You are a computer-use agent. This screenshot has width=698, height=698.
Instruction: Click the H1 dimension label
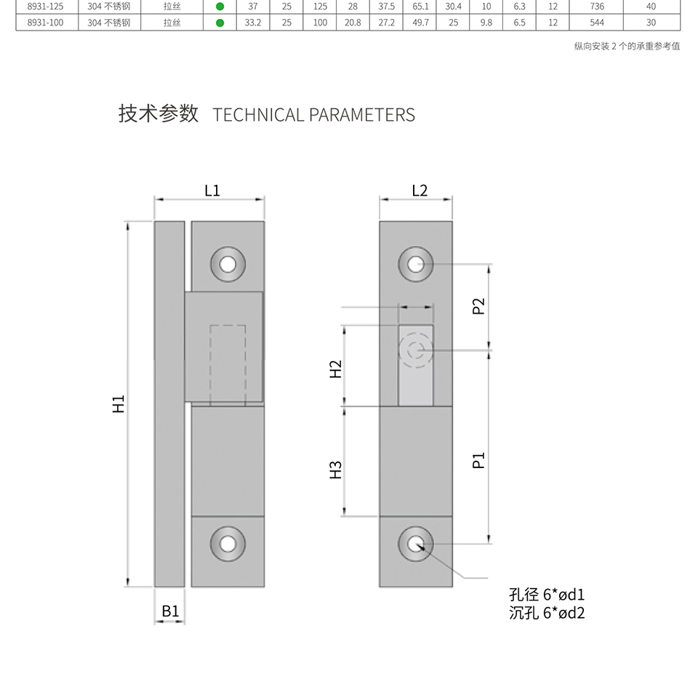coord(119,404)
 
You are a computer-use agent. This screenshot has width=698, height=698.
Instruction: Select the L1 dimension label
coord(212,191)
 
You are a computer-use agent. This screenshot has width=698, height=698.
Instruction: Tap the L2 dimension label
coord(420,191)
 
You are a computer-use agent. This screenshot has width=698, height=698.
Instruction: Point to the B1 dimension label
coord(170,611)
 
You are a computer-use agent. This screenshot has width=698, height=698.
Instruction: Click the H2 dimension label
coord(336,369)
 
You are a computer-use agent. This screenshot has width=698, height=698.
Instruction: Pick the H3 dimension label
coord(336,469)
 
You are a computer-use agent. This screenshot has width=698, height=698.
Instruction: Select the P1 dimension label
coord(478,461)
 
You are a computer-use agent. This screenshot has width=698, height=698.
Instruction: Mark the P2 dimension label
coord(478,306)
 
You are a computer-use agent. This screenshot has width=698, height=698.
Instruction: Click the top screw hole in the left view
coord(228,264)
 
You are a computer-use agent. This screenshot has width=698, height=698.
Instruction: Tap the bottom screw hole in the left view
coord(228,544)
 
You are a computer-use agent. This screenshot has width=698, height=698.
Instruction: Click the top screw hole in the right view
coord(416,264)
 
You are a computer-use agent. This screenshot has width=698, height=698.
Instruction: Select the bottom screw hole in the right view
coord(416,544)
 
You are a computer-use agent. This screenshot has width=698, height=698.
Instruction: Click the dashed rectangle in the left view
coord(210,365)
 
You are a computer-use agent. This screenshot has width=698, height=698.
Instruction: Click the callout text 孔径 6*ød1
coord(547,595)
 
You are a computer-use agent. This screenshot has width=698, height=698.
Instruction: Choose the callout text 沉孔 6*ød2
coord(547,614)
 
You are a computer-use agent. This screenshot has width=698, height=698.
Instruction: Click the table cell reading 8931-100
coord(45,23)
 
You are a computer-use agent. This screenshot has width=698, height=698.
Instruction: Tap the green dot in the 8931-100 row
coord(220,23)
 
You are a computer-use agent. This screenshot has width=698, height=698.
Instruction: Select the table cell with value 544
coord(597,23)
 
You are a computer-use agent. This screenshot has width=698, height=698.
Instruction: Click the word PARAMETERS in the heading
coord(362,115)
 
